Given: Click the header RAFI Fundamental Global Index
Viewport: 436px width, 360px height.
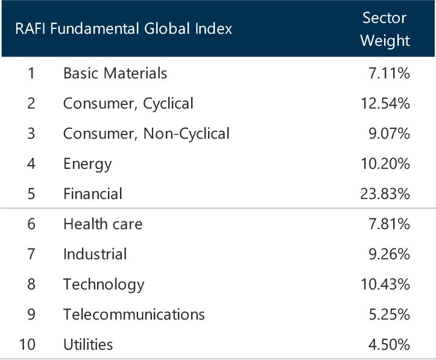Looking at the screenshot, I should coord(124,29).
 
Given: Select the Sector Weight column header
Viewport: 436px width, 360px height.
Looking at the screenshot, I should coord(385,29).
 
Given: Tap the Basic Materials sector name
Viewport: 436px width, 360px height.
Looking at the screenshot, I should coord(115,74).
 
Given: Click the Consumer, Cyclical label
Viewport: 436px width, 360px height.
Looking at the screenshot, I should coord(128,104).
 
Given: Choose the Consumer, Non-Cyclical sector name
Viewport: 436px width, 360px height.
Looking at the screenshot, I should coord(146,133).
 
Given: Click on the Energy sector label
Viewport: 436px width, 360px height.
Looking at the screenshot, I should coord(87,163).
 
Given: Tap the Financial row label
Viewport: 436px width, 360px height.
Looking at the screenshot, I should coord(93,194).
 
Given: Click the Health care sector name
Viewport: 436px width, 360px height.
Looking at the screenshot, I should coord(103,224).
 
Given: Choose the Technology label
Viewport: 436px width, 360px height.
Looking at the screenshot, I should coord(104,284).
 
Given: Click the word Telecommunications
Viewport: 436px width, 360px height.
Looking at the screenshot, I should coord(134,314).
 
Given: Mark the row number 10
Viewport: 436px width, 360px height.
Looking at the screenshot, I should coord(27,344).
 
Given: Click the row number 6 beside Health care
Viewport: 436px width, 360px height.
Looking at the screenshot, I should coord(31,224).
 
